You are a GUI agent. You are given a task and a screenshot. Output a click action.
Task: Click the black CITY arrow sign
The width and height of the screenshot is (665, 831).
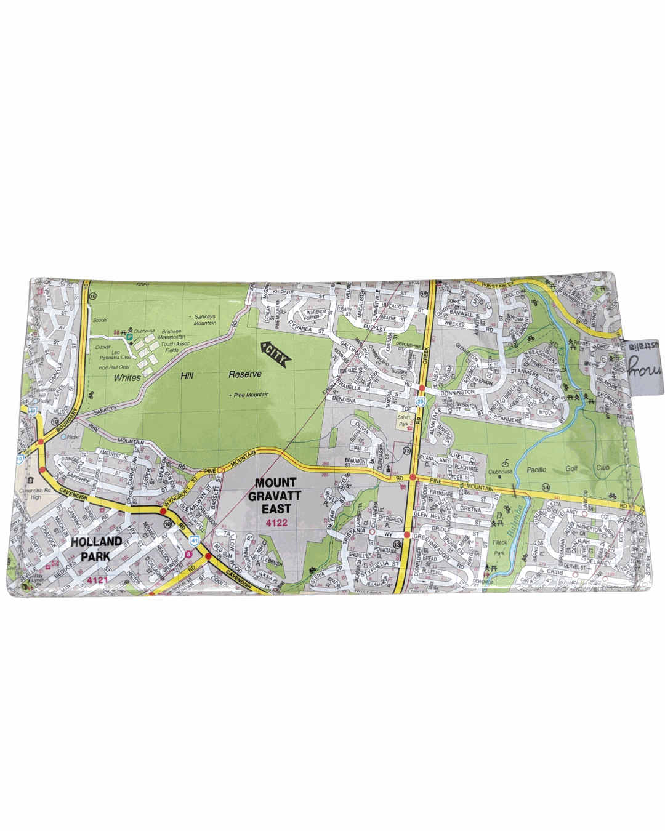click(276, 355)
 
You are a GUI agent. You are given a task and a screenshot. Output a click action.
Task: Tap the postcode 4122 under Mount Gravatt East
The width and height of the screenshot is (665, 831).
click(276, 523)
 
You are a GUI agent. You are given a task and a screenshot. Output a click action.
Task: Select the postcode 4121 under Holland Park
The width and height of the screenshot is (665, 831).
click(97, 580)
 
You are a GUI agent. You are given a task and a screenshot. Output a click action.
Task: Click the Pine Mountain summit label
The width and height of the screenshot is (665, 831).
click(249, 395)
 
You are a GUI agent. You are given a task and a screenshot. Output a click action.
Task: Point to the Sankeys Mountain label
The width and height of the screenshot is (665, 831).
click(204, 319)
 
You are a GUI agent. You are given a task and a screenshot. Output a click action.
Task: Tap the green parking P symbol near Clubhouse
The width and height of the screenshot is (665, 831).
click(129, 337)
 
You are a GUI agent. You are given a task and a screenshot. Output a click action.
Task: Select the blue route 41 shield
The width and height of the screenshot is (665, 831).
click(194, 540)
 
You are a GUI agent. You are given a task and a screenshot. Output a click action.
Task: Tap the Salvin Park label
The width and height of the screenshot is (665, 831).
click(403, 420)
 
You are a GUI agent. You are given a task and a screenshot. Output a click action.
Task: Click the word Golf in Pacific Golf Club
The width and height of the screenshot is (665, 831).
click(572, 468)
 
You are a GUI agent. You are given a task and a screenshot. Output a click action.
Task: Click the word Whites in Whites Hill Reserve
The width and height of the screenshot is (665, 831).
click(127, 377)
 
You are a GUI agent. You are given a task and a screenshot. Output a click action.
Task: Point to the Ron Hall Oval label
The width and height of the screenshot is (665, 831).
click(114, 367)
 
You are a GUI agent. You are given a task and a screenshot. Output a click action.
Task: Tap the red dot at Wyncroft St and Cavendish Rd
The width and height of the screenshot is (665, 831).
click(165, 511)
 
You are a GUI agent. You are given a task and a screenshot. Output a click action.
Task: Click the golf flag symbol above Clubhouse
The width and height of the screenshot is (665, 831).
click(504, 462)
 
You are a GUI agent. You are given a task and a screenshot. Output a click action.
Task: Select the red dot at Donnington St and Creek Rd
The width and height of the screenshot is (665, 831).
click(421, 388)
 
